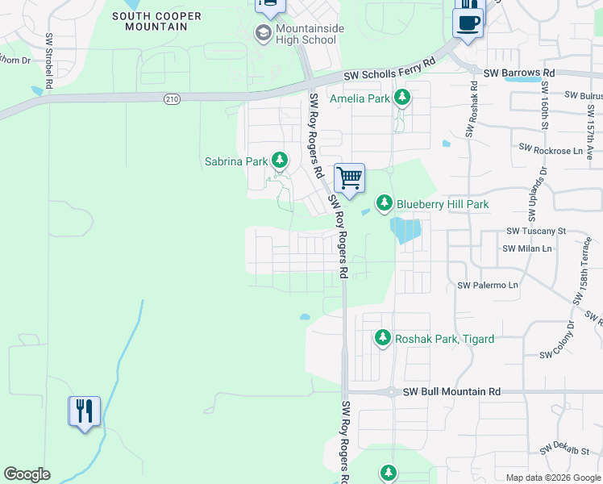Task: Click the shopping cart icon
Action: [x=349, y=177]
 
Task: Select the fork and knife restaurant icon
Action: [x=84, y=411]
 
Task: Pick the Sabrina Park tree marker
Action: [x=280, y=161]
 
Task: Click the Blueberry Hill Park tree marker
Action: [x=385, y=203]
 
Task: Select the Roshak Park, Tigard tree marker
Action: [x=384, y=339]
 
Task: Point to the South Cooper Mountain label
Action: [x=150, y=21]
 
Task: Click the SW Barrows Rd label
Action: [x=520, y=73]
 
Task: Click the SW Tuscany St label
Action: [x=537, y=231]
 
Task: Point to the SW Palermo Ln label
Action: [x=487, y=286]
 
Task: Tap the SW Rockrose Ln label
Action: [x=551, y=149]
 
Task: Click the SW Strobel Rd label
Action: [x=49, y=60]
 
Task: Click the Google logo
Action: [x=27, y=474]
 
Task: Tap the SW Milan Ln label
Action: [x=527, y=248]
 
